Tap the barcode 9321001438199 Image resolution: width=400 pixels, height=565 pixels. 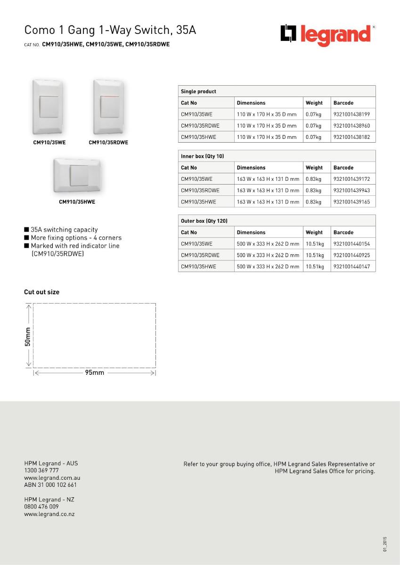click(x=351, y=114)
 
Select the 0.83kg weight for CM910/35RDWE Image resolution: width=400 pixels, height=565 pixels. click(x=313, y=191)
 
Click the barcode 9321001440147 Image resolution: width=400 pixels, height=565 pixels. click(x=351, y=266)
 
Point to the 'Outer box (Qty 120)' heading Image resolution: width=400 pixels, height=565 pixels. click(x=204, y=221)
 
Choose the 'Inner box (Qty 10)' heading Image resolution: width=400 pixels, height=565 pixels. click(x=202, y=156)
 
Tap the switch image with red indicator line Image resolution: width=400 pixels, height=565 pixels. click(x=108, y=107)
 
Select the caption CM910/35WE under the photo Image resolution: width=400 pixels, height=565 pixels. click(x=49, y=143)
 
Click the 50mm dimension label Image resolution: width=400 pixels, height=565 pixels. click(x=28, y=336)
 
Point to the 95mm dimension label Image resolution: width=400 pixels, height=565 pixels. click(x=94, y=373)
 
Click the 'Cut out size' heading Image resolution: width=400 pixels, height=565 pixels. click(x=42, y=292)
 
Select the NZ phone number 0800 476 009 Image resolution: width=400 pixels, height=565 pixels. click(x=41, y=507)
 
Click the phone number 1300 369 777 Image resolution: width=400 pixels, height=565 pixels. click(x=41, y=470)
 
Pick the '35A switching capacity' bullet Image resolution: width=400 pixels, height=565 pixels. click(x=64, y=230)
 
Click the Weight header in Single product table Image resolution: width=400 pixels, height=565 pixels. click(x=314, y=103)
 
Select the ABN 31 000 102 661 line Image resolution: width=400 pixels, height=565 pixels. click(x=50, y=485)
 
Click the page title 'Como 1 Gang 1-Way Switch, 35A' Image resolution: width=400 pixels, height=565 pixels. click(x=110, y=31)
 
